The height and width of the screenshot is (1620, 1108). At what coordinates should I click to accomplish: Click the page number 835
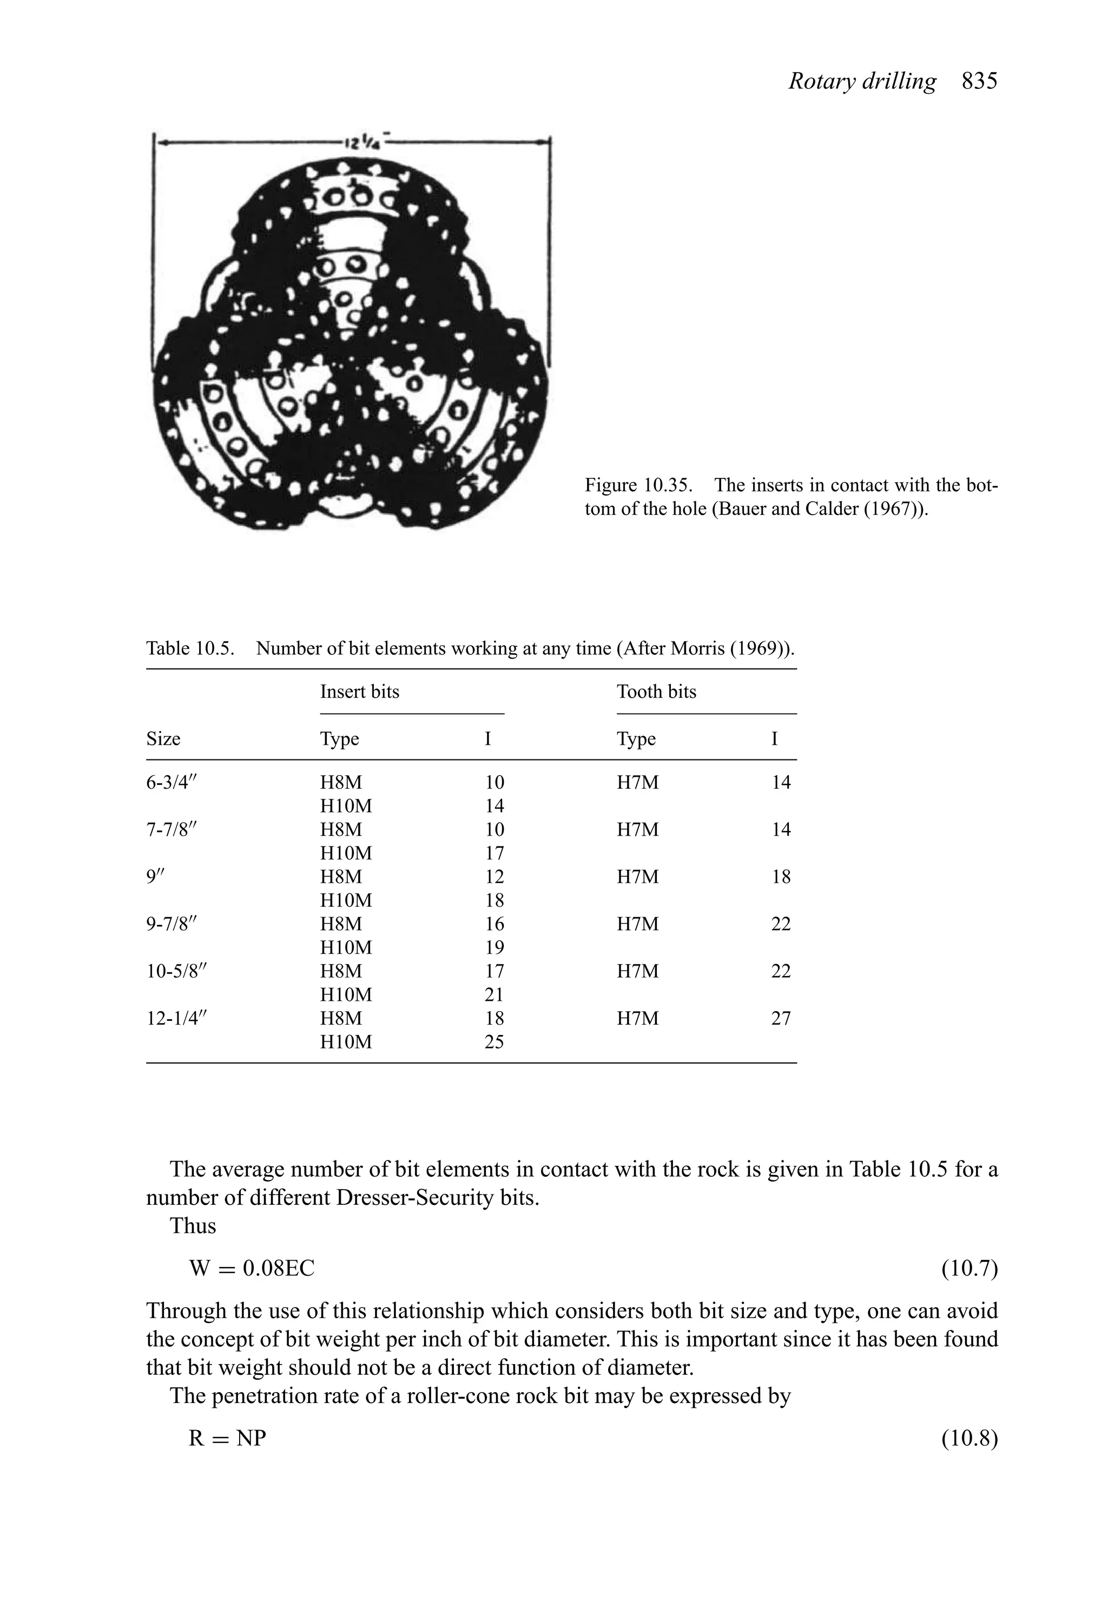pos(979,82)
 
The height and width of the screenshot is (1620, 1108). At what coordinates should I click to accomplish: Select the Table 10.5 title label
pos(189,649)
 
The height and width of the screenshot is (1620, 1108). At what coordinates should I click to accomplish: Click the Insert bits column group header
pos(360,692)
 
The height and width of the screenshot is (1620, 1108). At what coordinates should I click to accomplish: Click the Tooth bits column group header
pos(656,692)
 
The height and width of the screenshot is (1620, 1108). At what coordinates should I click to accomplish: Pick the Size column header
pos(163,739)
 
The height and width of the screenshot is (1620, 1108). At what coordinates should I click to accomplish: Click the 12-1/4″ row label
pos(177,1019)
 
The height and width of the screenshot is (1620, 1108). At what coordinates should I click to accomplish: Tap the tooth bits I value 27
pos(781,1019)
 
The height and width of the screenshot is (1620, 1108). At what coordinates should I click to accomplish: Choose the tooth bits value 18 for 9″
pos(781,877)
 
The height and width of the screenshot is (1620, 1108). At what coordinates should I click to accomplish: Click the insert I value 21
pos(493,995)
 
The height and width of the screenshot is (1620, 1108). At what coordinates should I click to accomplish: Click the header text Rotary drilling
pos(862,82)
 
